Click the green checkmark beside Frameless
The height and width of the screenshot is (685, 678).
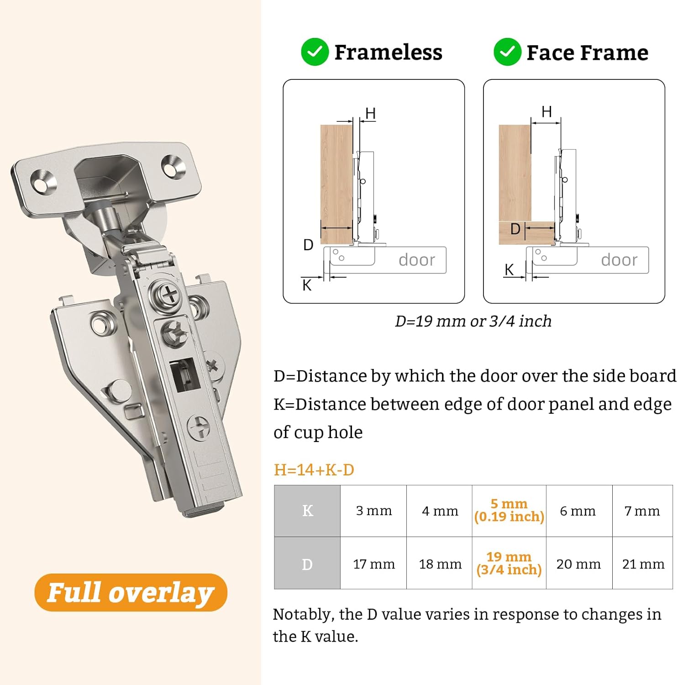tap(315, 52)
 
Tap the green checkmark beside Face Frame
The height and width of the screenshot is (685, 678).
tap(507, 52)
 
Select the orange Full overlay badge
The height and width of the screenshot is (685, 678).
tap(131, 592)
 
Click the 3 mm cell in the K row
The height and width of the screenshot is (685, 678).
tap(373, 511)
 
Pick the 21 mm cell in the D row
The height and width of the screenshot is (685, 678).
tap(643, 564)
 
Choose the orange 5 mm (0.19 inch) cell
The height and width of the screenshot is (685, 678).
tap(509, 511)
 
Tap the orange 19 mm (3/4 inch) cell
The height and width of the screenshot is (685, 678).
tap(509, 564)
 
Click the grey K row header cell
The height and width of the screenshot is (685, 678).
tap(307, 511)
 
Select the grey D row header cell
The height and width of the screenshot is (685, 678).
tap(307, 564)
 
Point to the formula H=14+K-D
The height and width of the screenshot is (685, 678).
tap(314, 469)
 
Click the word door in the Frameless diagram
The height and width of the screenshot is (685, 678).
tap(417, 260)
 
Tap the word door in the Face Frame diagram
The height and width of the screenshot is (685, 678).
tap(619, 260)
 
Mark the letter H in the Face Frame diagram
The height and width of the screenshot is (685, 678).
tap(547, 111)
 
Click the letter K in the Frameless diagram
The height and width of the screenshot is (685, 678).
tap(307, 285)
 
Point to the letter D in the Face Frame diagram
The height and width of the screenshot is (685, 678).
tap(515, 229)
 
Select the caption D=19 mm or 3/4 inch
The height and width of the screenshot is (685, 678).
tap(473, 321)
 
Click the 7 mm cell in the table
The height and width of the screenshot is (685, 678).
tap(642, 511)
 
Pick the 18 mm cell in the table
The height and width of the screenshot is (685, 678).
tap(440, 564)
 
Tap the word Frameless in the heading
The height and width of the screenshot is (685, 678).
tap(389, 52)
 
